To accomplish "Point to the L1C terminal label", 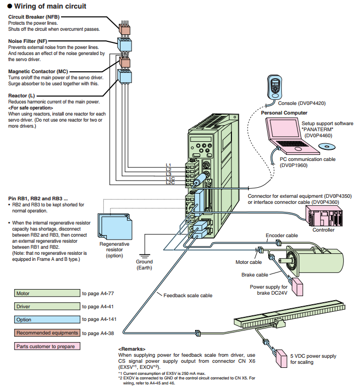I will tap(170, 178).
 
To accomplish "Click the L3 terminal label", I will tap(168, 174).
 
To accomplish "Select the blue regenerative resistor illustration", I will tap(113, 224).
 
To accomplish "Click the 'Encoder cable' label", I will tap(282, 235).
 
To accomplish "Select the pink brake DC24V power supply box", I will tap(297, 287).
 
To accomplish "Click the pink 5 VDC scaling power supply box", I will tap(283, 357).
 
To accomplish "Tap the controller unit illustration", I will tap(323, 215).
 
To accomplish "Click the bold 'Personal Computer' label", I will tap(284, 113).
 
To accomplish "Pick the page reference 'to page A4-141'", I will tap(101, 319).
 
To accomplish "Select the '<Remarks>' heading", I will tap(132, 349).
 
